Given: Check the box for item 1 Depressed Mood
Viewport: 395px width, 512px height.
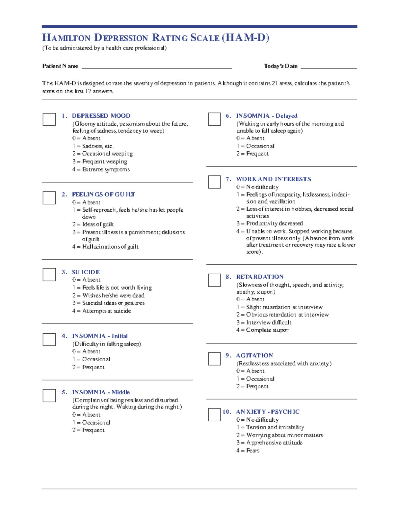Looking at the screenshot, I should [x=49, y=119].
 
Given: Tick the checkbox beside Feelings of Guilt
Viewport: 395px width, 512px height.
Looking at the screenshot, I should [x=49, y=198].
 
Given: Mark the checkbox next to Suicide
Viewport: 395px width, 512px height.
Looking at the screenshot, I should [x=49, y=275].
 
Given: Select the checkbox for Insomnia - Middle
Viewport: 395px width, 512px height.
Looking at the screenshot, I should [x=49, y=396].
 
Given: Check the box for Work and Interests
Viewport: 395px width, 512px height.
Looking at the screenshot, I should [x=214, y=182].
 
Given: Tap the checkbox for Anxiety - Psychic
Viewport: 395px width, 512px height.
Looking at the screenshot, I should [x=214, y=415].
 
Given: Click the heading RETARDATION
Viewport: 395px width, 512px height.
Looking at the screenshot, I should [x=260, y=277].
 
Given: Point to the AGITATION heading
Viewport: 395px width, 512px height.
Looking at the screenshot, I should [x=254, y=355].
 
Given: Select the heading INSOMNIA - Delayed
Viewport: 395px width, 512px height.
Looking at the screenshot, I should [x=267, y=116].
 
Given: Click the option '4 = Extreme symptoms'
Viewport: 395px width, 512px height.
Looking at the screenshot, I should [x=101, y=169].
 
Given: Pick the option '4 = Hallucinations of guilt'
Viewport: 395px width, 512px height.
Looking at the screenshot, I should [x=105, y=247].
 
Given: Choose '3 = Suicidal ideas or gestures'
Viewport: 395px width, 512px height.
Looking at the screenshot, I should [x=108, y=303].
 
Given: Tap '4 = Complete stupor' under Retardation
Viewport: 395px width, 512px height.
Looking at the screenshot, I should [x=262, y=330].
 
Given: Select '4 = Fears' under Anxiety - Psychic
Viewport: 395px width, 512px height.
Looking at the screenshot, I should [x=248, y=450].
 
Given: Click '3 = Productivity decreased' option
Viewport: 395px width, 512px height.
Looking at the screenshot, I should [x=269, y=224].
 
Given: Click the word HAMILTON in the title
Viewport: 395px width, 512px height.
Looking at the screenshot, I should [x=66, y=38].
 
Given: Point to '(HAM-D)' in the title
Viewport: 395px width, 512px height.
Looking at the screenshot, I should [x=246, y=38].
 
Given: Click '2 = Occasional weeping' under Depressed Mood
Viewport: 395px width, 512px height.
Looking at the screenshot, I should [x=102, y=154].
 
